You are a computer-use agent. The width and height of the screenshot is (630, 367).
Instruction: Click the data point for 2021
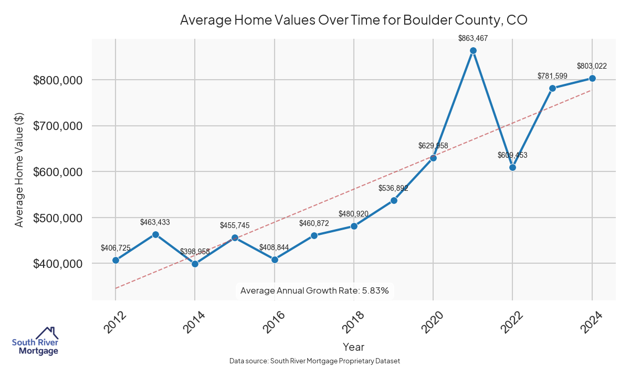point(473,51)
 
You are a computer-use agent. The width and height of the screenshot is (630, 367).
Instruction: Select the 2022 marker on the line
point(513,167)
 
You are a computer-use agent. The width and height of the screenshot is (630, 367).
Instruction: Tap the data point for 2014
point(195,264)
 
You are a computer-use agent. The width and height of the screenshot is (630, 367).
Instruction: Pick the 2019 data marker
point(394,200)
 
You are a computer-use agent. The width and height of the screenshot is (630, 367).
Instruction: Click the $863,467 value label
point(473,38)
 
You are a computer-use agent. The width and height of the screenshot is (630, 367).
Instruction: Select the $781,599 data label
point(552,76)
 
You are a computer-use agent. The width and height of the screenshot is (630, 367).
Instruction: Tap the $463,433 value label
point(155,222)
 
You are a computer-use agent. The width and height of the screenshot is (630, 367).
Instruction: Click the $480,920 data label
point(354,214)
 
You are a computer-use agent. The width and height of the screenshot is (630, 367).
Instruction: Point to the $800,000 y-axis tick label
point(58,80)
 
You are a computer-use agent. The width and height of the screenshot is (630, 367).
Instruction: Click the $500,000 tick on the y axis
point(58,218)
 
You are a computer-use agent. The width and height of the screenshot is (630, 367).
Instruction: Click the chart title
point(353,20)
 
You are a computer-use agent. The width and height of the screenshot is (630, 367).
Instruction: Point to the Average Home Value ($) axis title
point(19,169)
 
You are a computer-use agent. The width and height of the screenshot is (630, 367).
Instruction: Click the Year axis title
point(353,347)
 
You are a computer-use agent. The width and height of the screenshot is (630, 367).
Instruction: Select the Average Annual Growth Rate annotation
point(314,290)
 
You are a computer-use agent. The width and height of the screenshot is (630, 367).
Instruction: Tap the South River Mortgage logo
point(35,341)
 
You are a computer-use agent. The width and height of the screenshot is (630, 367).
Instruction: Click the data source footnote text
point(314,361)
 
